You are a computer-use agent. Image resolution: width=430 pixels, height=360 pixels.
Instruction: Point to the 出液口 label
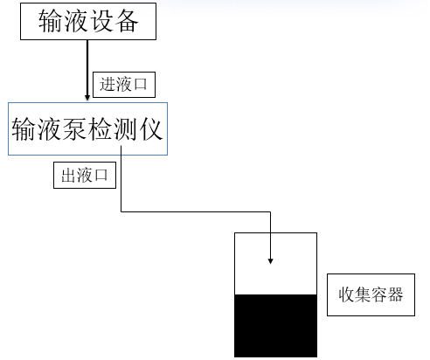click(86, 175)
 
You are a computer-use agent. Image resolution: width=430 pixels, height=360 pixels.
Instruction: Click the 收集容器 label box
click(371, 294)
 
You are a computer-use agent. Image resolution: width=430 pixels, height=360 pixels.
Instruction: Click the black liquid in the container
click(275, 325)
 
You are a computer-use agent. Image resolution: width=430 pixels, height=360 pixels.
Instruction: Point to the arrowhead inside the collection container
click(271, 260)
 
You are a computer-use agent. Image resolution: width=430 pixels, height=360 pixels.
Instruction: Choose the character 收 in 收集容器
click(345, 294)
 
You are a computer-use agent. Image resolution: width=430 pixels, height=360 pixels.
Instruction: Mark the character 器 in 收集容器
click(396, 294)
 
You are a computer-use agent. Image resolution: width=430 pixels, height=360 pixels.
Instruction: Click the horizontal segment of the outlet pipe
click(197, 211)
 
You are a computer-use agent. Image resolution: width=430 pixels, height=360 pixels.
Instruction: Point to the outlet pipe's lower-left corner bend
click(121, 211)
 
